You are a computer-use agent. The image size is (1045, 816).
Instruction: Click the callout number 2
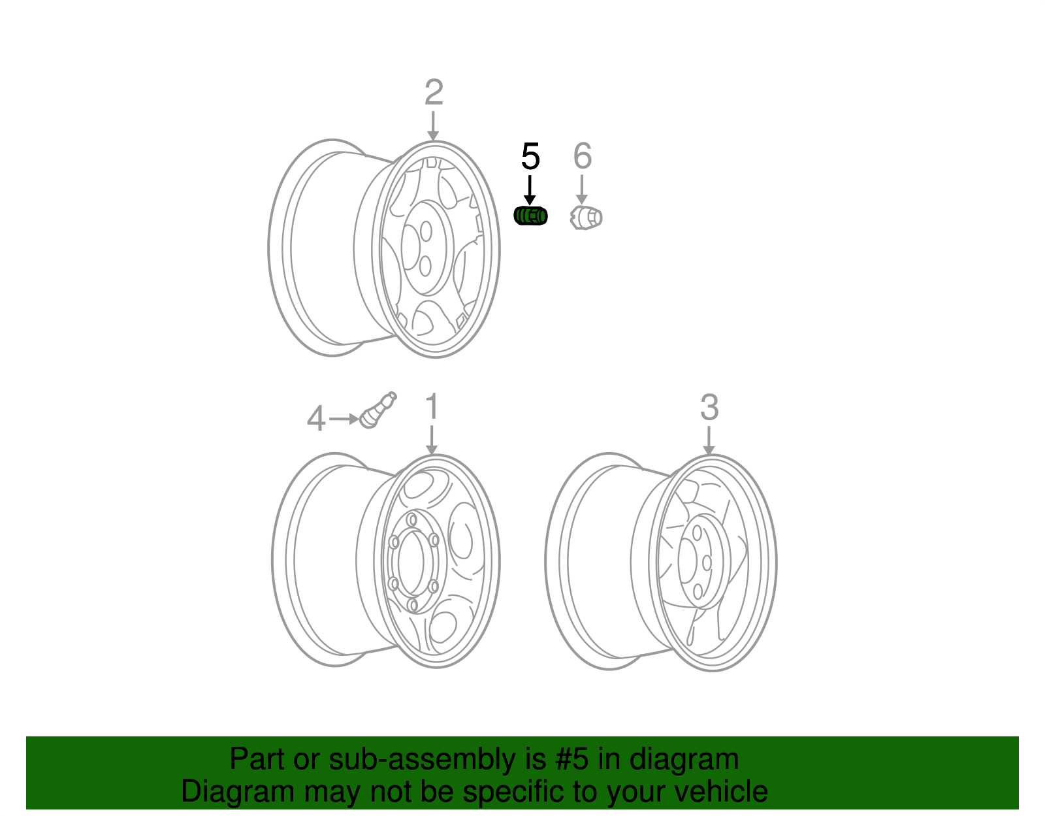(x=434, y=93)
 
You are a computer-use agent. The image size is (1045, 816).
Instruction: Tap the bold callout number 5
(x=530, y=157)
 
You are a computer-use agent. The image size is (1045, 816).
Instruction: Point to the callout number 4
(x=315, y=419)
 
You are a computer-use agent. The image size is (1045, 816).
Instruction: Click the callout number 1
(x=432, y=406)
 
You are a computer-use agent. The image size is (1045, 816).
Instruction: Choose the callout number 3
(x=709, y=408)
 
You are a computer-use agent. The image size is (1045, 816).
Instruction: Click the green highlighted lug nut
(x=530, y=216)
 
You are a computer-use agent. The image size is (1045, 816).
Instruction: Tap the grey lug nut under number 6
(x=586, y=218)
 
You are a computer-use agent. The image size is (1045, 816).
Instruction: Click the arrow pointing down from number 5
(x=530, y=190)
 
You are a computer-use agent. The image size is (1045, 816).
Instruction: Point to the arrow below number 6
(x=581, y=190)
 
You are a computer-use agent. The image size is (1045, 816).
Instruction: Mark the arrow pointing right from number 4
(x=343, y=418)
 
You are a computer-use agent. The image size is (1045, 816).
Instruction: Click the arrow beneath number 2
(x=433, y=125)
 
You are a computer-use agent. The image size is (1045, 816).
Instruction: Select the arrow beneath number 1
(x=431, y=440)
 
